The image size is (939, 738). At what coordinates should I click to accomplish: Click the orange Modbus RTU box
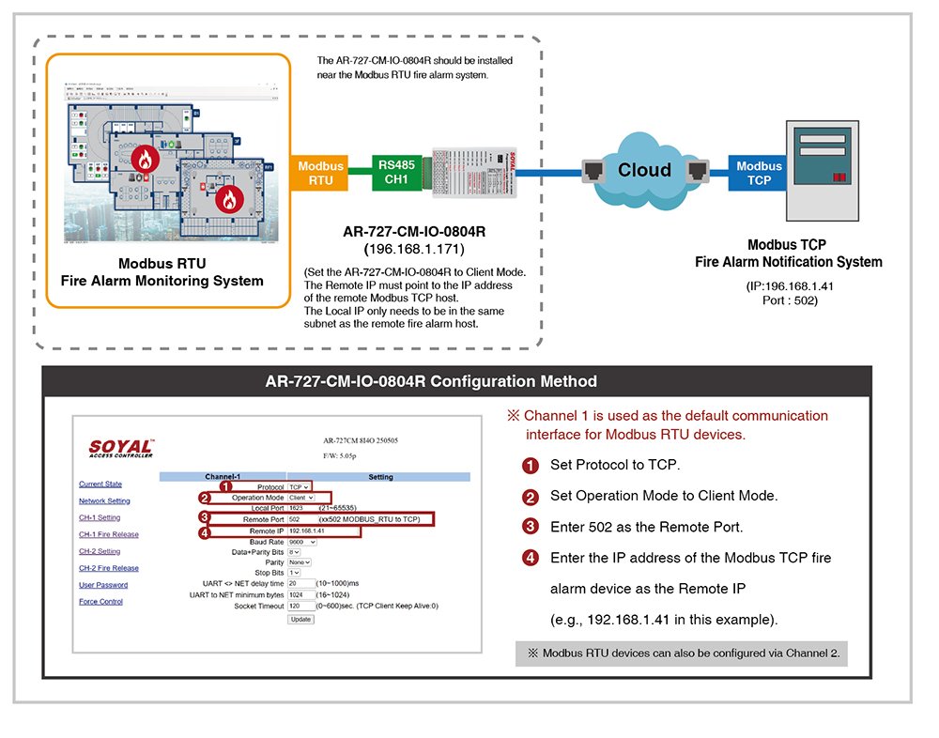tap(321, 173)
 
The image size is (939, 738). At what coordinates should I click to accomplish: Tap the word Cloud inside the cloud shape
tap(644, 170)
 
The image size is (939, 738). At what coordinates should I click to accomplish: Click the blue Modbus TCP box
tap(760, 173)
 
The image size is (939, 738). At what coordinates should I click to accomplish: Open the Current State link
tap(100, 484)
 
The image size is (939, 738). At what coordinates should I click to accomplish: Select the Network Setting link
tap(104, 501)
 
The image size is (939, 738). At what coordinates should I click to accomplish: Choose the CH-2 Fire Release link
tap(108, 568)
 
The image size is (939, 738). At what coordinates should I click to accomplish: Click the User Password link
tap(103, 585)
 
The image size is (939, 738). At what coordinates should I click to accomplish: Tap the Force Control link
tap(100, 602)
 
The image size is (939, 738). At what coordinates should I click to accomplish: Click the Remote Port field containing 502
tap(300, 519)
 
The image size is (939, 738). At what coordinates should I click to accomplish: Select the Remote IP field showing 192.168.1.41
tap(322, 531)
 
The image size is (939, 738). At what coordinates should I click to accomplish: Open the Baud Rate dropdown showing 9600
tap(302, 543)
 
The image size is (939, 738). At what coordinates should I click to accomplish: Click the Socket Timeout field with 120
tap(300, 607)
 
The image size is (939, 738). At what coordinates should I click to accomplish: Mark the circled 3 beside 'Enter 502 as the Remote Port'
tap(531, 527)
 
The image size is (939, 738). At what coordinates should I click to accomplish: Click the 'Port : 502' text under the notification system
tap(789, 301)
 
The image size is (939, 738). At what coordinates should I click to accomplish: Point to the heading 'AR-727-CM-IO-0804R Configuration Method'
tap(457, 382)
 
